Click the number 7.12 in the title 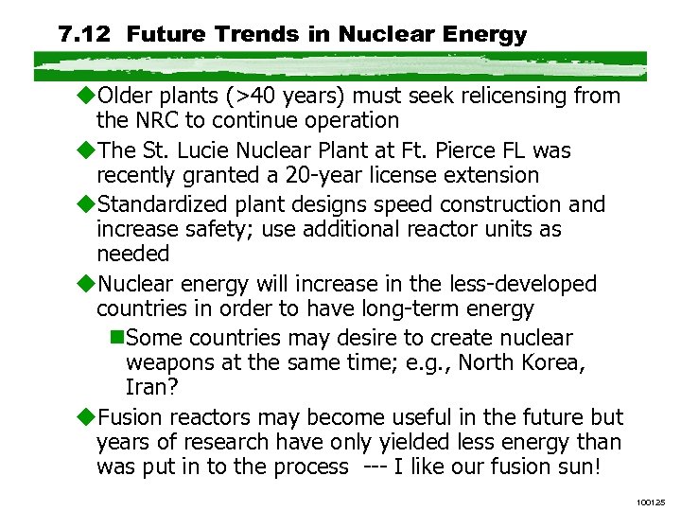85,36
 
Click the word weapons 166,362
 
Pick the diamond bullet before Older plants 88,96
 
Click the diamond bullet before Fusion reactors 88,417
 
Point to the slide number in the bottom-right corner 651,499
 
